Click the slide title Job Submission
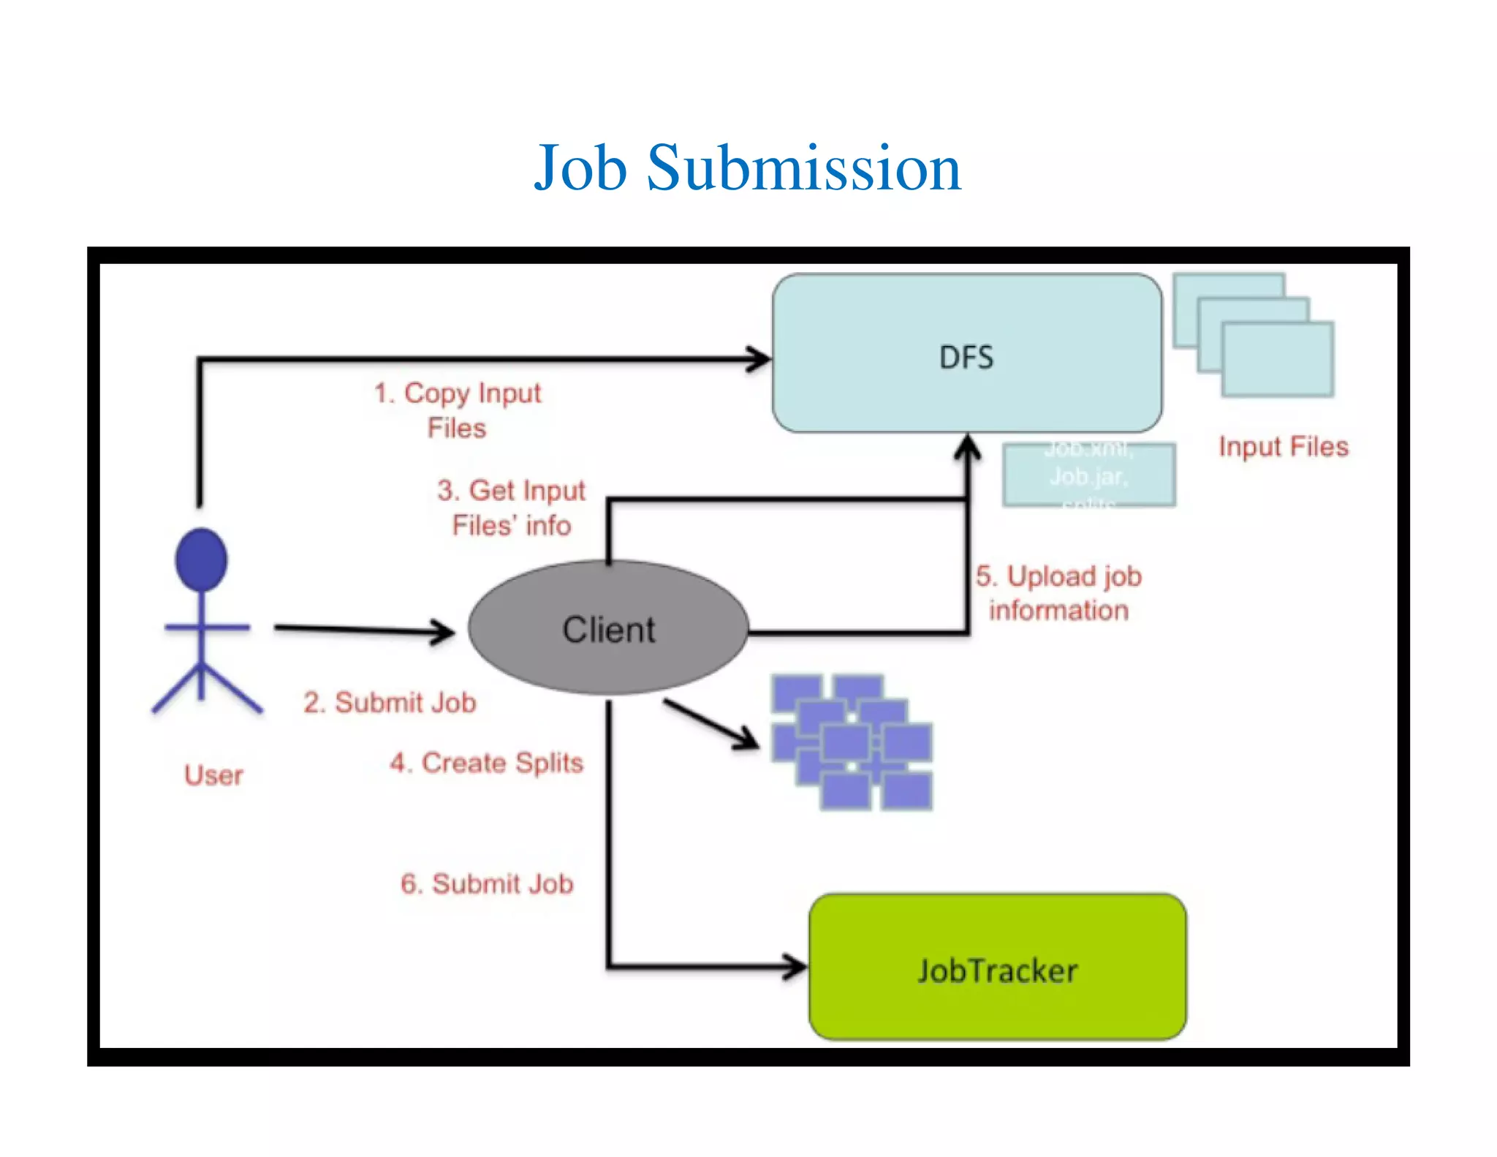(x=747, y=168)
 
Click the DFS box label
(x=966, y=358)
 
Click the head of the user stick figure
(x=201, y=559)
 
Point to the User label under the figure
(x=213, y=775)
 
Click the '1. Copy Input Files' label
(x=458, y=410)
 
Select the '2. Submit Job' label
(x=390, y=703)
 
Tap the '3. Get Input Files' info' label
(x=511, y=508)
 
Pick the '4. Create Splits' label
(x=486, y=763)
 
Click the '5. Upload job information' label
(x=1058, y=593)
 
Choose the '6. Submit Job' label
(x=487, y=883)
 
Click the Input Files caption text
(x=1283, y=447)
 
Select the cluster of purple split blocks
(x=852, y=742)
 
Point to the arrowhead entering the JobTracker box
(x=797, y=966)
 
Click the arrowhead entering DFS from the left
(x=760, y=358)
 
